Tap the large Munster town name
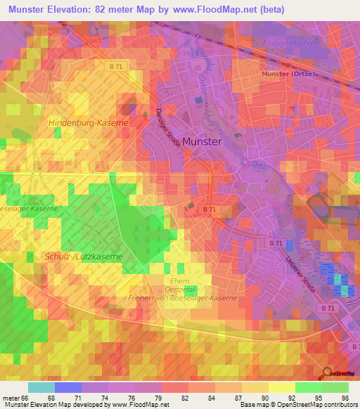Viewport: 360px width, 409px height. click(x=202, y=141)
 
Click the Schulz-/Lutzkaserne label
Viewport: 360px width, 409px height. click(x=83, y=257)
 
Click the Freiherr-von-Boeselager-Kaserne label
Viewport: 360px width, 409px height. click(x=180, y=298)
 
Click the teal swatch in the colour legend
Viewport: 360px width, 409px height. click(x=41, y=387)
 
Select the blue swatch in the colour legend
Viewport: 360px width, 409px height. click(x=68, y=387)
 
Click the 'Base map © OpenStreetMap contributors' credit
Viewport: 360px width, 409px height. click(x=298, y=405)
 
